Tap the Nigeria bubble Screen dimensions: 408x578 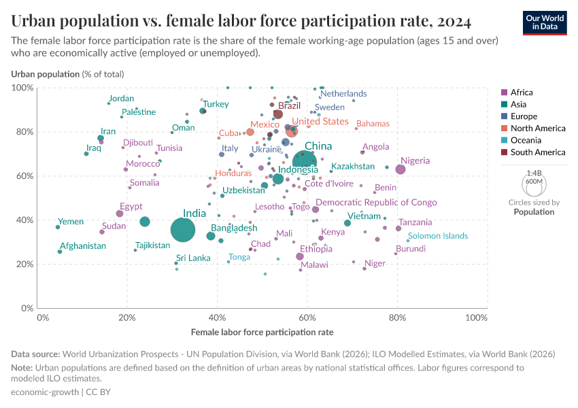pyautogui.click(x=401, y=169)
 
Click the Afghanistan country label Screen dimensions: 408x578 pyautogui.click(x=83, y=245)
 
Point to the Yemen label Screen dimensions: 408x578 pyautogui.click(x=71, y=222)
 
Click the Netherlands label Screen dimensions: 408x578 pyautogui.click(x=343, y=94)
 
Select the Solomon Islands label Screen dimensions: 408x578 pyautogui.click(x=438, y=236)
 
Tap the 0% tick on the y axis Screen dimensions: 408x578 pyautogui.click(x=27, y=308)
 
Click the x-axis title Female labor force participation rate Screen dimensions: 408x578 pyautogui.click(x=262, y=333)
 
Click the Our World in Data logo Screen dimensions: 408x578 pyautogui.click(x=544, y=22)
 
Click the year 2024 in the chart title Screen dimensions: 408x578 pyautogui.click(x=449, y=22)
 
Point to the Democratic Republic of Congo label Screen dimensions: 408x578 pyautogui.click(x=376, y=203)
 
